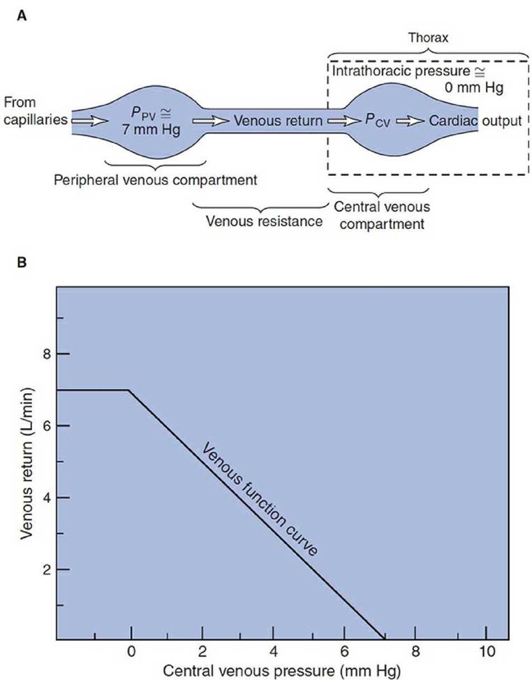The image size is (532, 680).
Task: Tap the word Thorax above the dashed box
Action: click(427, 39)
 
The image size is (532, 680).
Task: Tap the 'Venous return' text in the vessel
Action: click(277, 121)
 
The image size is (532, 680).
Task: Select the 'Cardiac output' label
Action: click(475, 121)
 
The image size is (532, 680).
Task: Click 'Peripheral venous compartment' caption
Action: click(155, 181)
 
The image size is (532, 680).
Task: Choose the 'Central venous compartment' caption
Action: click(382, 215)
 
